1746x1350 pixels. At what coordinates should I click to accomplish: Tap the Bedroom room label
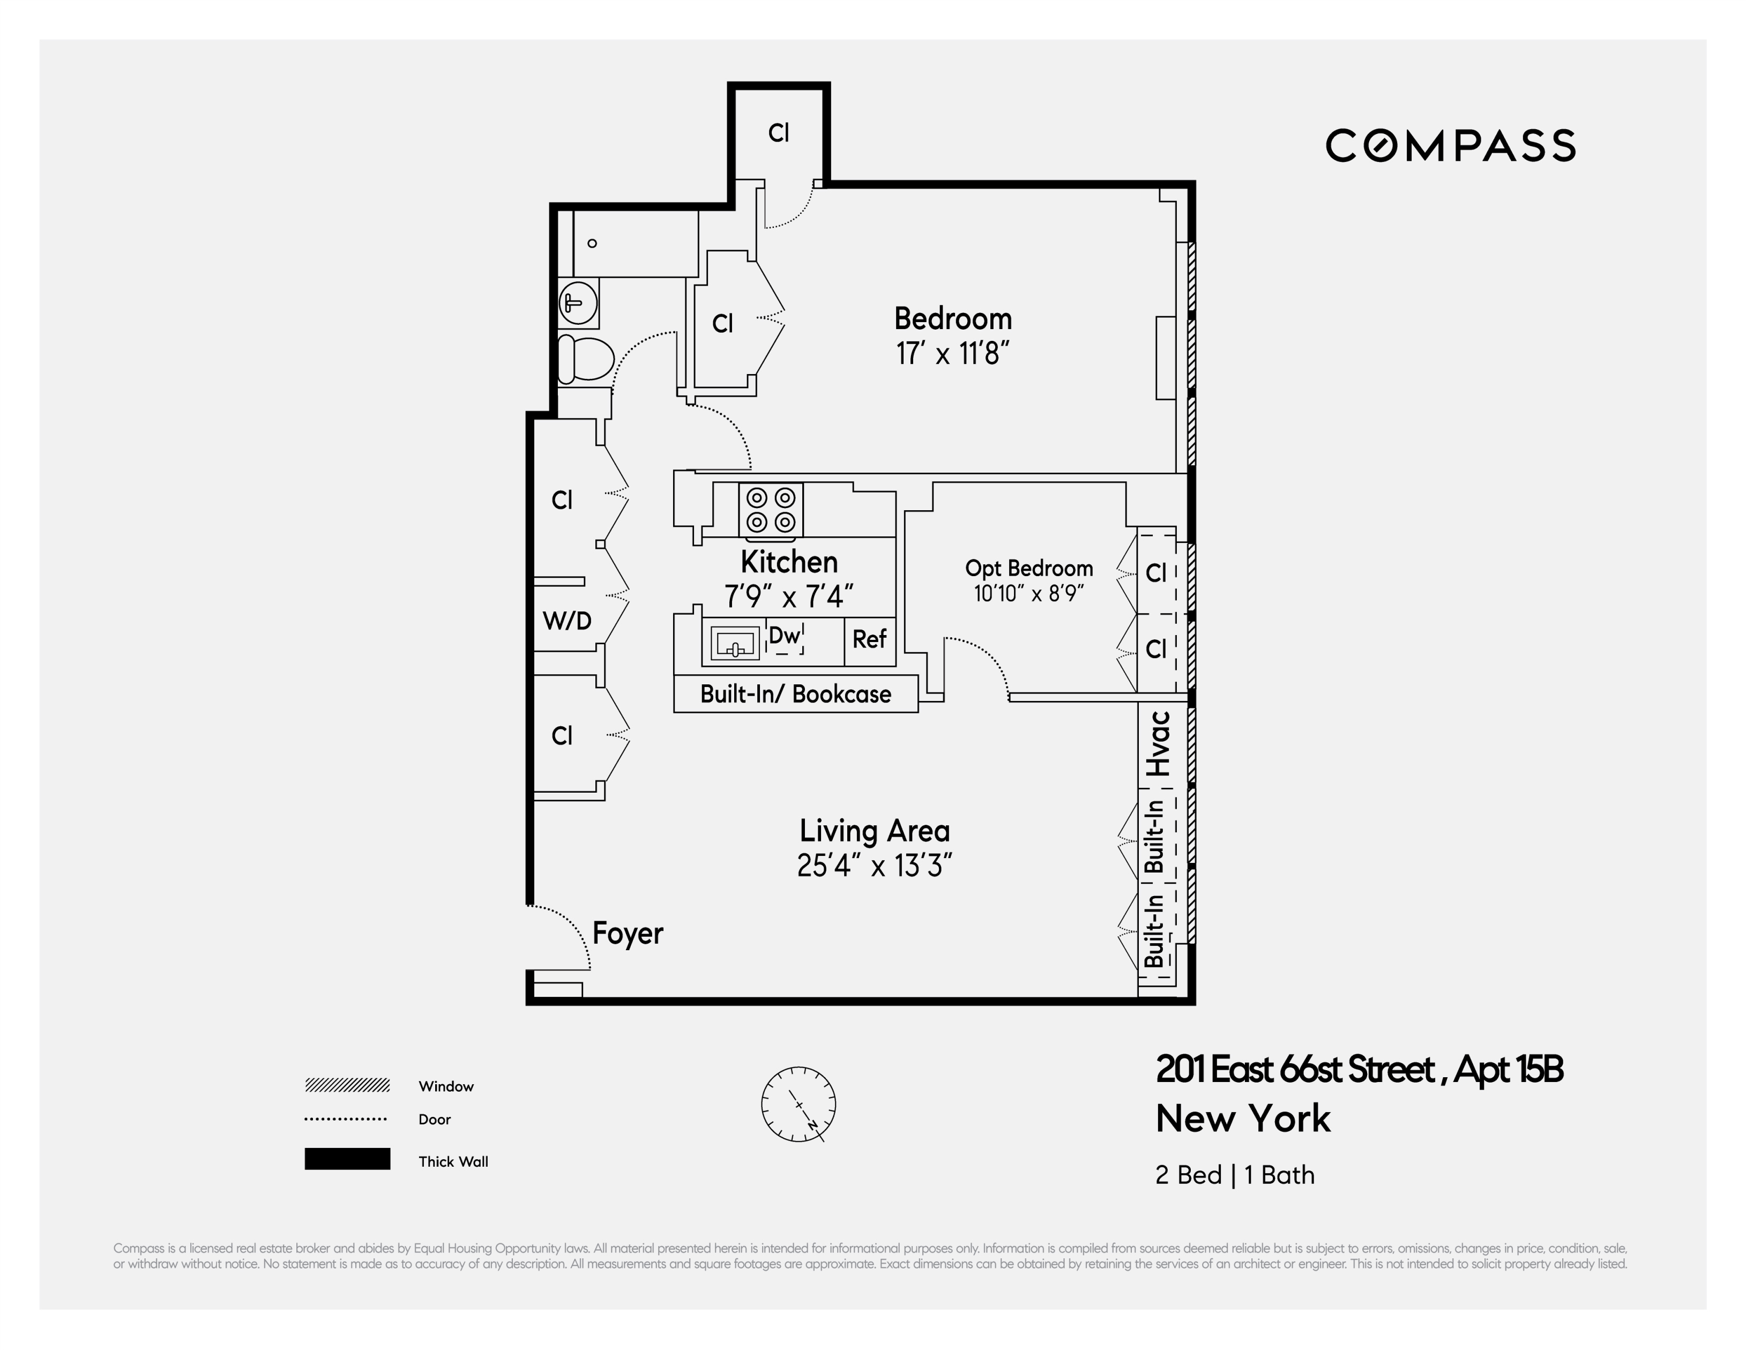[x=953, y=319]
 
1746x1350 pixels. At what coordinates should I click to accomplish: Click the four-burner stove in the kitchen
[x=771, y=510]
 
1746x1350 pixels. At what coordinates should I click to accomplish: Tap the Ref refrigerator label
[x=869, y=639]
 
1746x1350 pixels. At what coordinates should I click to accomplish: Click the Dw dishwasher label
[x=784, y=636]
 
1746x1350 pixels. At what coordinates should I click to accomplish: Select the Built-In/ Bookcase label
[x=795, y=694]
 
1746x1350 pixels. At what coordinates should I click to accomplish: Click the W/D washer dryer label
[x=567, y=621]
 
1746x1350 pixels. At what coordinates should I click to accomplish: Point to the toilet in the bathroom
[x=585, y=359]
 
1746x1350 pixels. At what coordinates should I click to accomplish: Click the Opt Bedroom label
[x=1029, y=568]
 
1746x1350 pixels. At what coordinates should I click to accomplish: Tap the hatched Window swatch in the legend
[x=347, y=1085]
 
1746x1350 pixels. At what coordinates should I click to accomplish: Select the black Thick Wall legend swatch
[x=347, y=1159]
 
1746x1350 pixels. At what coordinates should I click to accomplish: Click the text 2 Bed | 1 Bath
[x=1234, y=1175]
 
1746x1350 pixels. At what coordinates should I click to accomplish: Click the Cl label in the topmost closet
[x=779, y=133]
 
